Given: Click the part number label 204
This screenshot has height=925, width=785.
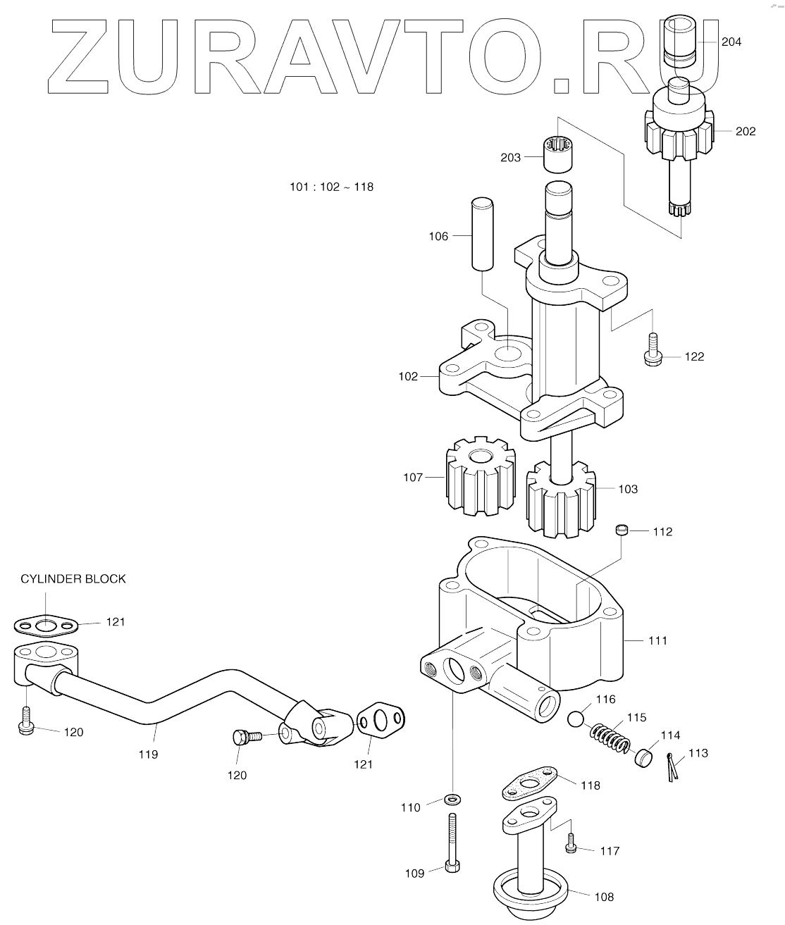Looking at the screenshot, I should pyautogui.click(x=731, y=42).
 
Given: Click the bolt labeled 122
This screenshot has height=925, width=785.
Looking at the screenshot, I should pyautogui.click(x=652, y=350).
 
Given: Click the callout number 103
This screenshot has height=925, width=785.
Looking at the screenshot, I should pyautogui.click(x=627, y=489).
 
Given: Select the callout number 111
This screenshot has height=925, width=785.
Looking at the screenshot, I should pyautogui.click(x=657, y=641).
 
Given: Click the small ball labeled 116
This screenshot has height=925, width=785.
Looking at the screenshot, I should pyautogui.click(x=576, y=719).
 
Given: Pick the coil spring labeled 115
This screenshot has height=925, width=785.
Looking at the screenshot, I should pyautogui.click(x=609, y=737).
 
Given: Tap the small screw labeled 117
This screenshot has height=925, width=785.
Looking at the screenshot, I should pyautogui.click(x=571, y=843).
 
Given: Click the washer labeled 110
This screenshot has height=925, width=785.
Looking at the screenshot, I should pyautogui.click(x=451, y=799).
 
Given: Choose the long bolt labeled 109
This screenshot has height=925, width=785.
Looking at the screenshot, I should pyautogui.click(x=451, y=842).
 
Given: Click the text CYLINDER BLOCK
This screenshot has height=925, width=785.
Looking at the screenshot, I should pyautogui.click(x=73, y=579).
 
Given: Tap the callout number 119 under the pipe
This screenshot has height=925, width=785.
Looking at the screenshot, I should pyautogui.click(x=148, y=755).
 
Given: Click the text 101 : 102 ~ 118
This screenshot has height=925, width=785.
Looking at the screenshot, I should pyautogui.click(x=331, y=187).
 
